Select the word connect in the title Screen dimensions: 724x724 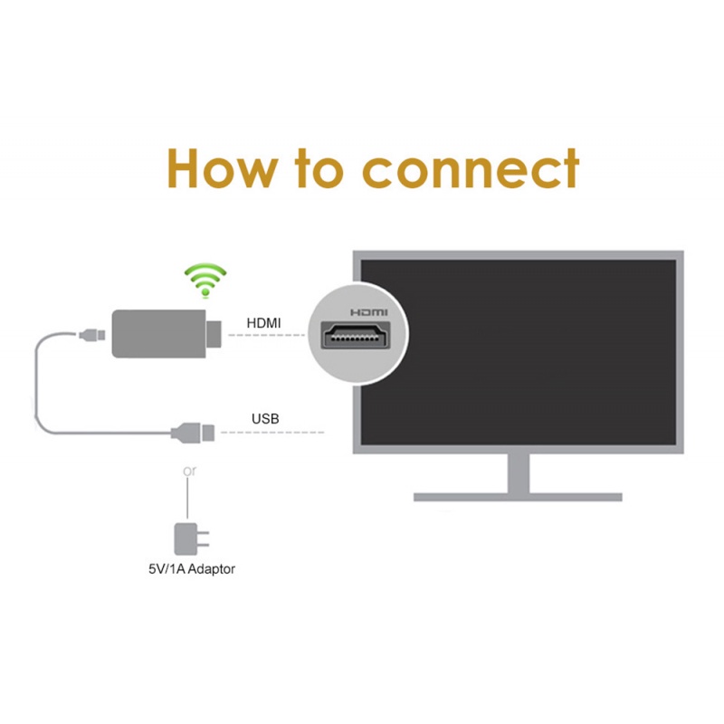471,169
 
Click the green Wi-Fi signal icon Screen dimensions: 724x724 205,280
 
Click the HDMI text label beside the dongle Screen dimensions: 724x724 263,323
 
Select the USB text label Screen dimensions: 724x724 264,419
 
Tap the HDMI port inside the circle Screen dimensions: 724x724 358,337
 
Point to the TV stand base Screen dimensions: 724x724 518,496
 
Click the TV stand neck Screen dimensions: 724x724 518,471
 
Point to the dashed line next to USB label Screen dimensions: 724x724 271,433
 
